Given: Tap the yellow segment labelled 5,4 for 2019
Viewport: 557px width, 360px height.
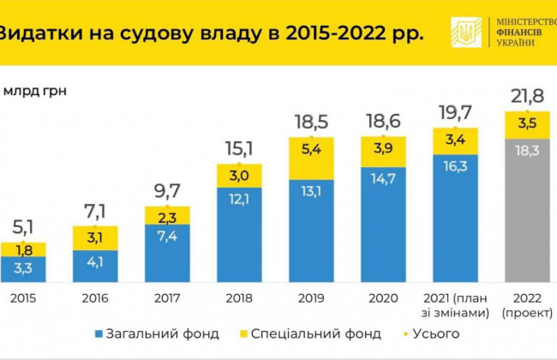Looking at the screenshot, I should point(311,158).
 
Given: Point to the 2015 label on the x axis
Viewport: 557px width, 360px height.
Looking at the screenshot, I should point(24,301).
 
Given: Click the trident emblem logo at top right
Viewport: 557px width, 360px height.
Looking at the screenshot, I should point(466,33).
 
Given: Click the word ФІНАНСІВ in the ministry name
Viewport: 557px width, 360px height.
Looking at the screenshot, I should point(523,33).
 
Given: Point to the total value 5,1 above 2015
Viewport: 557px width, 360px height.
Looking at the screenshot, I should point(24,230).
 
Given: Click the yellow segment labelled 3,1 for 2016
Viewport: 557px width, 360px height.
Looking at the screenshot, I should point(96,237).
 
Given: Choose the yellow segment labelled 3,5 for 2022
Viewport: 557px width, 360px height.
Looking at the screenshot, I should point(527,123).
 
